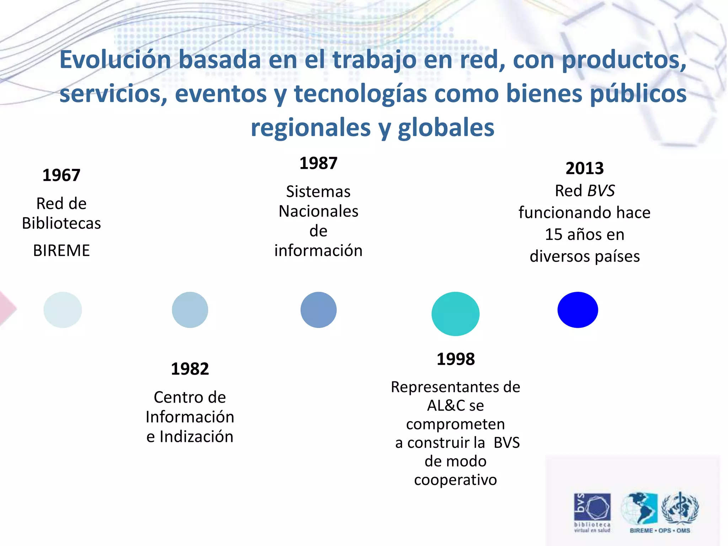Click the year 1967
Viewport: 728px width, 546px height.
click(61, 175)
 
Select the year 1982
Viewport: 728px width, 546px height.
click(190, 369)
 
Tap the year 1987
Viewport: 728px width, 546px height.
click(318, 163)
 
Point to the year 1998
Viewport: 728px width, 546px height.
click(455, 359)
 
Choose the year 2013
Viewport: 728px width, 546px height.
click(584, 168)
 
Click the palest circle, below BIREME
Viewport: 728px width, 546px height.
click(63, 310)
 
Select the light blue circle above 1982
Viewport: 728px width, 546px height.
click(190, 310)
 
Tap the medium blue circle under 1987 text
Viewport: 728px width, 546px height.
click(318, 310)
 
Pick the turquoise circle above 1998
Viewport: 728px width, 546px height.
click(455, 314)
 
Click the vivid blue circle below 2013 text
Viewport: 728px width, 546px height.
click(578, 310)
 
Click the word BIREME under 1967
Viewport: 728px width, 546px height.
click(61, 251)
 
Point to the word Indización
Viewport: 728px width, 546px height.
click(196, 437)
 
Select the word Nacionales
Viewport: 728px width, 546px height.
click(318, 211)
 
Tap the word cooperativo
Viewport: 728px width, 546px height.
click(455, 480)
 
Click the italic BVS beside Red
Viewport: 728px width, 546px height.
click(601, 191)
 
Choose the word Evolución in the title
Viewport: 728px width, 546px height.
click(115, 59)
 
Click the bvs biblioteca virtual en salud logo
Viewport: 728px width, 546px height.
click(592, 512)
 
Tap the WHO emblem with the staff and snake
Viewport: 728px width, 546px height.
click(680, 508)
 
